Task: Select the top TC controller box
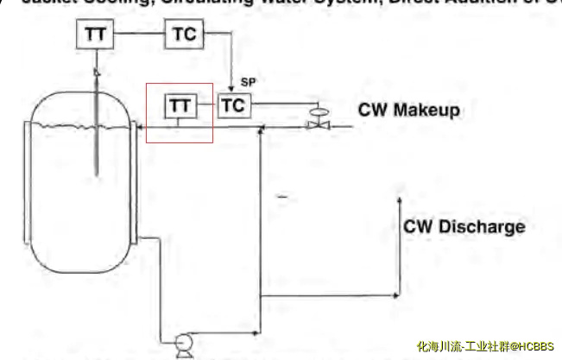183,35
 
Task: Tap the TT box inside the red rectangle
180,105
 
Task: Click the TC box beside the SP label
232,105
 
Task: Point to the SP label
248,82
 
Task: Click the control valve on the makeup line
318,123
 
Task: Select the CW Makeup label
408,111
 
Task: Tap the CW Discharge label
464,227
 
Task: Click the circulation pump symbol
182,344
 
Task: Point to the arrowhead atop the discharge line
399,199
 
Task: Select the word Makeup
426,111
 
